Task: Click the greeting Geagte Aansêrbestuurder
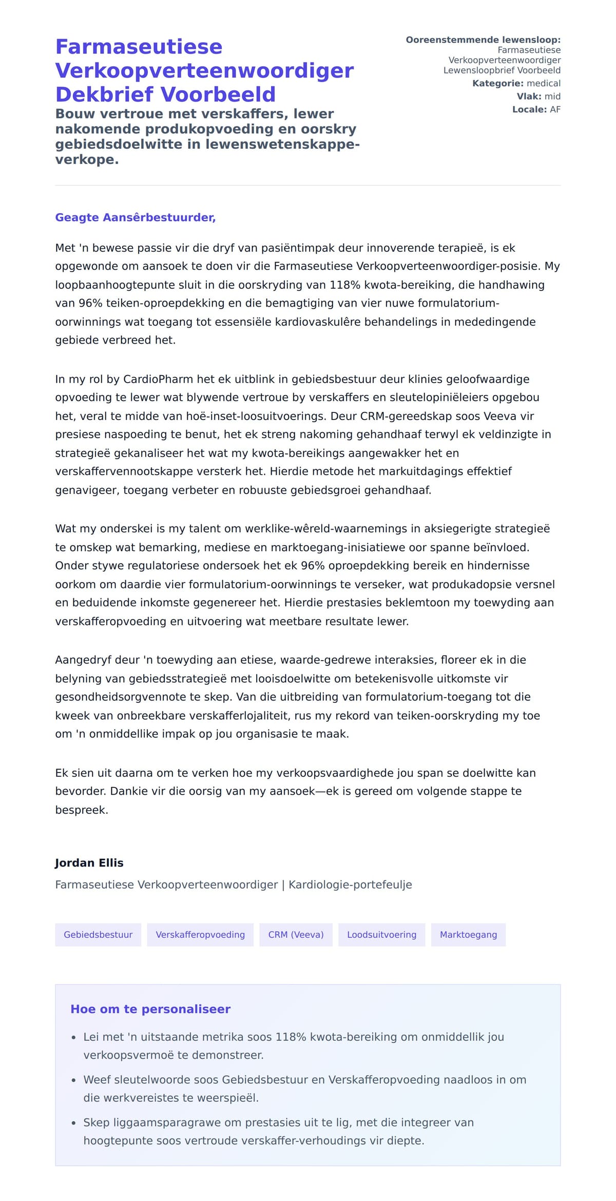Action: click(135, 217)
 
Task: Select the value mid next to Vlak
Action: click(552, 96)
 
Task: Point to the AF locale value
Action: click(555, 109)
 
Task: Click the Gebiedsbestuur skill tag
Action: click(98, 934)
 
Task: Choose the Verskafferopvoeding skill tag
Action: click(200, 934)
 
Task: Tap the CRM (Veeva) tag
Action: click(296, 934)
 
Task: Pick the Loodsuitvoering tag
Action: click(381, 934)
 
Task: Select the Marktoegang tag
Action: click(468, 934)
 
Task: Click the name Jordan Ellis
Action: click(89, 862)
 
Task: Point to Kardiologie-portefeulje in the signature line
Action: click(350, 885)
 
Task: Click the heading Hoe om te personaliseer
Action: click(150, 1009)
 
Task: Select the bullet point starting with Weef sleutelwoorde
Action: click(305, 1080)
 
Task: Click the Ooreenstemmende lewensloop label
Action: click(483, 40)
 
